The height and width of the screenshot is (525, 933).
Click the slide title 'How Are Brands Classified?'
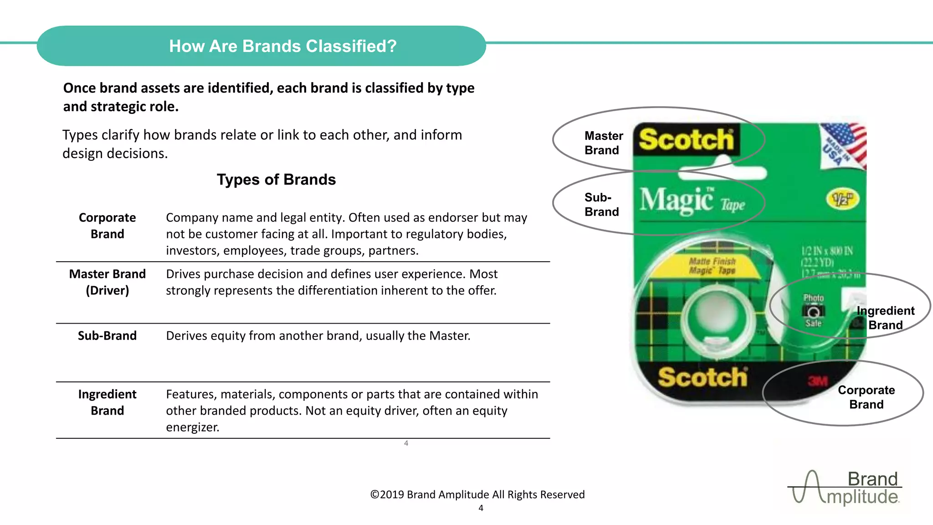point(282,46)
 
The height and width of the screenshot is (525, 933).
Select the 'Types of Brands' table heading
point(276,180)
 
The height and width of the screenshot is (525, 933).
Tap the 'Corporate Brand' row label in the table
point(108,226)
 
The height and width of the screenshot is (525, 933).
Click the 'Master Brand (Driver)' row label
point(108,282)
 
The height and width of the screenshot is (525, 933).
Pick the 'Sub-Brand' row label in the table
point(107,336)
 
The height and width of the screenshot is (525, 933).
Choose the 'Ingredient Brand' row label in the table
point(108,402)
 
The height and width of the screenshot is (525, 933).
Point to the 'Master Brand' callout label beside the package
point(603,143)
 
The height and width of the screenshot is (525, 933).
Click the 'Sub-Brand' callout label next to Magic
point(601,205)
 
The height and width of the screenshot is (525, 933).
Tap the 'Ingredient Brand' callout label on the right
point(885,318)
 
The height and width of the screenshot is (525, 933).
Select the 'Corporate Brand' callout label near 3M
point(866,397)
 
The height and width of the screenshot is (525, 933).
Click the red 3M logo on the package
point(818,381)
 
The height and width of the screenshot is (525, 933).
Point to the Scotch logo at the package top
point(686,139)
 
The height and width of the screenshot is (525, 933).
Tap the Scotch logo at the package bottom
point(702,377)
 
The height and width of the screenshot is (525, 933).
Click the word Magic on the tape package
point(677,201)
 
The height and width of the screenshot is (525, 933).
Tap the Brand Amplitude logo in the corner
point(846,488)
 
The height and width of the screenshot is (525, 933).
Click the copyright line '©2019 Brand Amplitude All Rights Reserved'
point(477,494)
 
